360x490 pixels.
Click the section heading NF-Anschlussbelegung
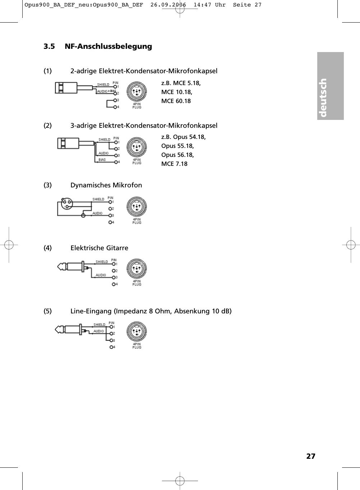pyautogui.click(x=108, y=46)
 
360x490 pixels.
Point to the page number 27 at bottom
pyautogui.click(x=311, y=456)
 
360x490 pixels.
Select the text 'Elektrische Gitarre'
pyautogui.click(x=99, y=248)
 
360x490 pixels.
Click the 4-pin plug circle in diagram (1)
pyautogui.click(x=137, y=92)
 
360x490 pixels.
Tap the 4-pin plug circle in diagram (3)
pyautogui.click(x=137, y=207)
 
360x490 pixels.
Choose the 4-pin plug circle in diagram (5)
pyautogui.click(x=137, y=332)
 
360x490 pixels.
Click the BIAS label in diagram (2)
pyautogui.click(x=102, y=160)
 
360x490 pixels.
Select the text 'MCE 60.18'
pyautogui.click(x=176, y=101)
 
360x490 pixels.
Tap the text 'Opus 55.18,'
pyautogui.click(x=177, y=146)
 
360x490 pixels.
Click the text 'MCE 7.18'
pyautogui.click(x=174, y=164)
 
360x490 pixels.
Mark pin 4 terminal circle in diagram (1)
pyautogui.click(x=115, y=107)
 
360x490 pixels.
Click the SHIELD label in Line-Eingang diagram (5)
pyautogui.click(x=100, y=325)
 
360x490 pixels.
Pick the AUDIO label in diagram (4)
pyautogui.click(x=101, y=275)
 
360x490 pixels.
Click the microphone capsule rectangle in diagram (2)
pyautogui.click(x=68, y=143)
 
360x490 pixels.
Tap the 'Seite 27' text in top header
pyautogui.click(x=247, y=5)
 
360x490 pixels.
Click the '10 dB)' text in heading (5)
pyautogui.click(x=221, y=311)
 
